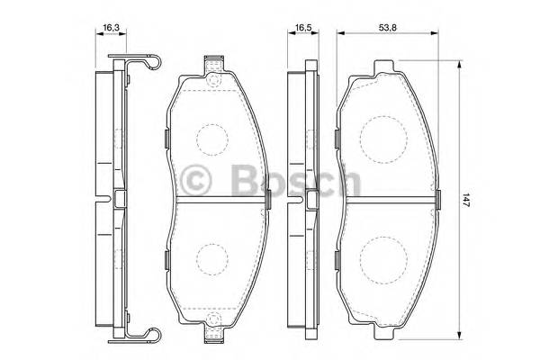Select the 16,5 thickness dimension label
pos(300,29)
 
